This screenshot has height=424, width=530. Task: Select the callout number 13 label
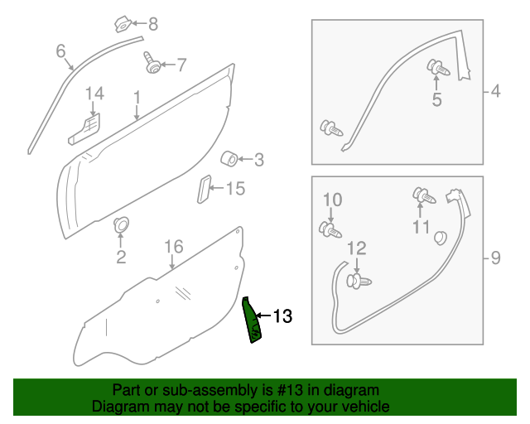click(x=282, y=316)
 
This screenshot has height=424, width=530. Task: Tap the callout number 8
click(x=152, y=24)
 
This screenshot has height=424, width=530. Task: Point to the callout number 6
click(x=60, y=51)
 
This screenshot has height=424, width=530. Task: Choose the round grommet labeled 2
click(x=121, y=224)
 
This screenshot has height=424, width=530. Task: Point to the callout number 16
click(x=172, y=246)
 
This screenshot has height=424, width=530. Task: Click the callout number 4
click(x=495, y=92)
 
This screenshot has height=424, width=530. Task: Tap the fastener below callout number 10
click(x=329, y=229)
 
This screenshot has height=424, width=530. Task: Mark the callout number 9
click(x=495, y=258)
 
